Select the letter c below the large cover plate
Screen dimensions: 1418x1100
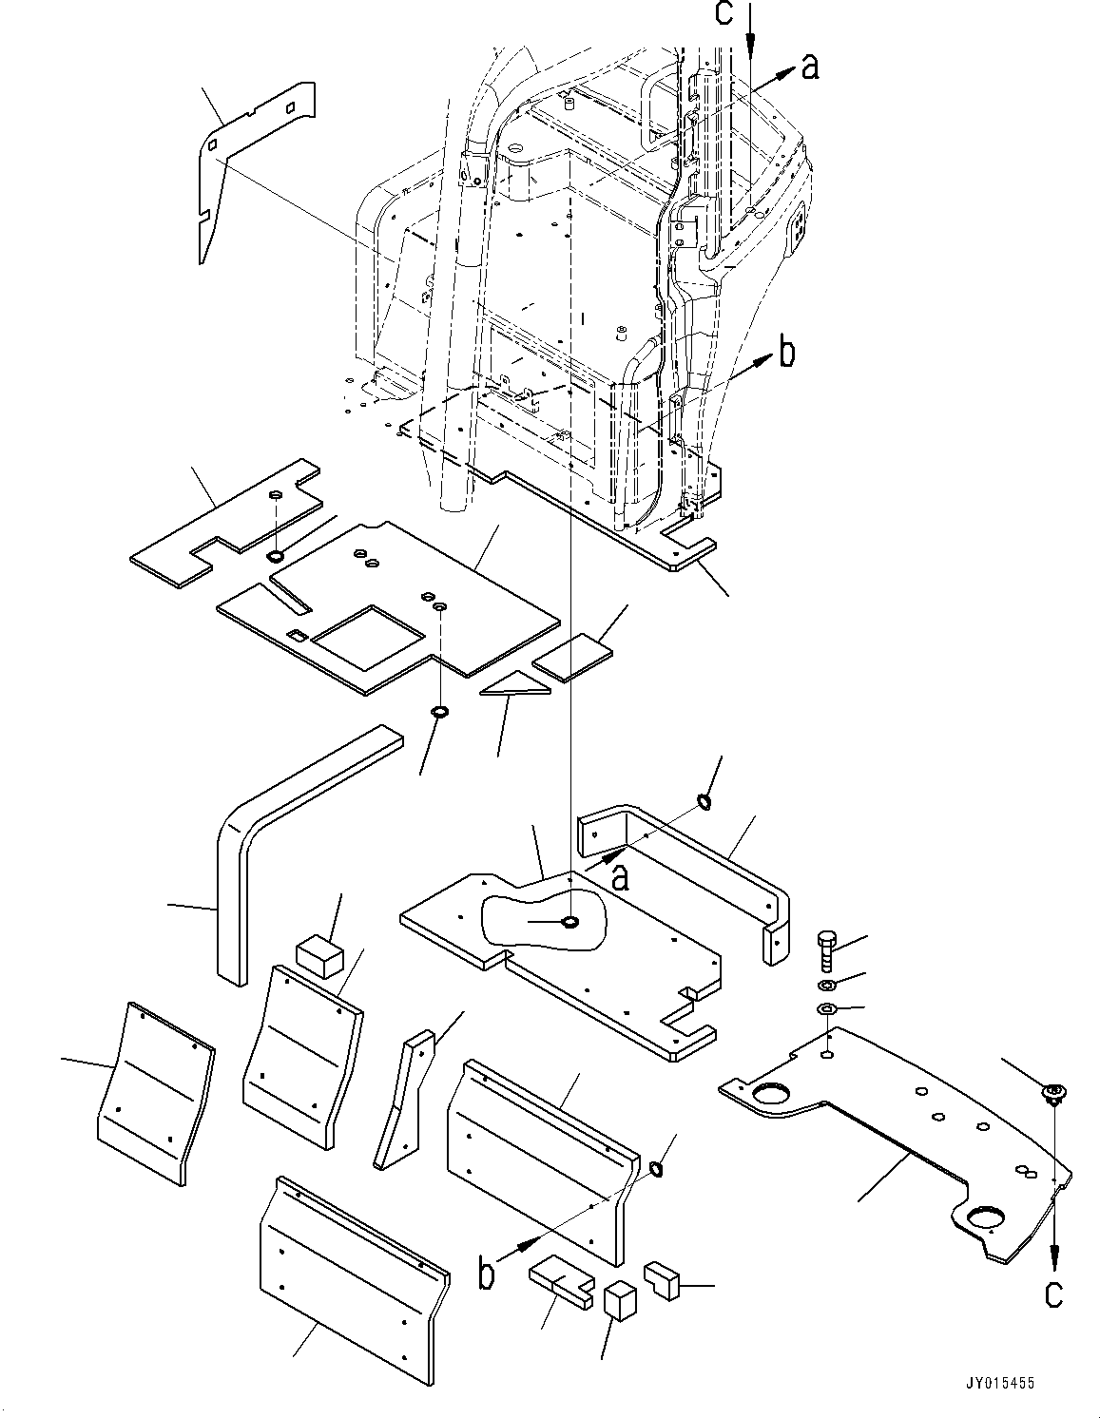pyautogui.click(x=1053, y=1294)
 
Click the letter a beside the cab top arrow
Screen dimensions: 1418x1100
pyautogui.click(x=809, y=67)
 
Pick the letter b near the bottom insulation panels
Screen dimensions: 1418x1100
pyautogui.click(x=486, y=1274)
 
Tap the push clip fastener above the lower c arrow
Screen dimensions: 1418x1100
pyautogui.click(x=1053, y=1094)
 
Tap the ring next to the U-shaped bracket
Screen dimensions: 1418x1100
pyautogui.click(x=704, y=802)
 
